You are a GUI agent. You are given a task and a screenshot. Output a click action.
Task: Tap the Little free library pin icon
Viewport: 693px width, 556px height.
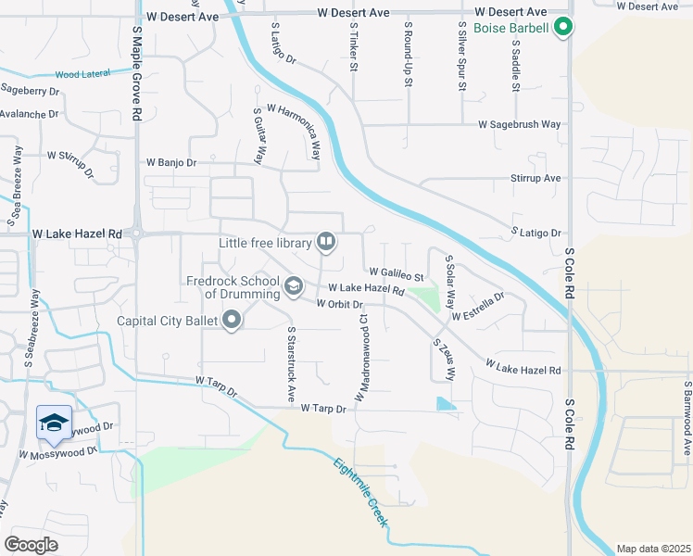[326, 243]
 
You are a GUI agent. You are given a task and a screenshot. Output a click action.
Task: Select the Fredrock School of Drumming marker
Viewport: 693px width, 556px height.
[293, 286]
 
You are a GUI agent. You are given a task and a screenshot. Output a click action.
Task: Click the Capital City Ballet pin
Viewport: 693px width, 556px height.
[232, 322]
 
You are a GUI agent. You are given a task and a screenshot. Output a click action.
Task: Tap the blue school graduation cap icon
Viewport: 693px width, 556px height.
[54, 423]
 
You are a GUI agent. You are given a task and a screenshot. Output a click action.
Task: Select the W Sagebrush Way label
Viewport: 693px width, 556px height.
[520, 124]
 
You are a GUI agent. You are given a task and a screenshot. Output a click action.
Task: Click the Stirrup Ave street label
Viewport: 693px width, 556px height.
[536, 178]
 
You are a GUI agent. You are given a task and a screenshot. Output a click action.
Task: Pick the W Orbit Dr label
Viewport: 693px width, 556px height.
[338, 304]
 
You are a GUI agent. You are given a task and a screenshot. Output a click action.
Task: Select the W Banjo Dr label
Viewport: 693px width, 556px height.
[171, 162]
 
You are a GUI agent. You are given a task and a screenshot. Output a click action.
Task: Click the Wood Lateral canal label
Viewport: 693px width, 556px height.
[82, 73]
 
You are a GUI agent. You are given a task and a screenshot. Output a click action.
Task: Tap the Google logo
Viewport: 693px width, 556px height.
[31, 544]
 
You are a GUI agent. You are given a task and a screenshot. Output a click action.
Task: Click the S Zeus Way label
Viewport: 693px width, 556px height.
[443, 360]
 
